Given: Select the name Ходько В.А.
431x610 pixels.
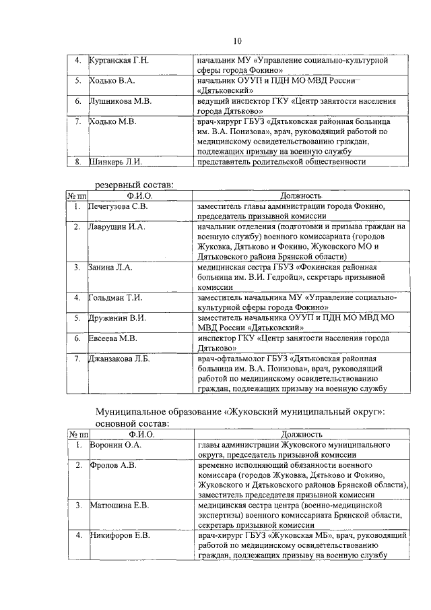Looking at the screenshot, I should point(112,81).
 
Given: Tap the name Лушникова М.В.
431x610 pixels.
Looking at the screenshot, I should point(120,101).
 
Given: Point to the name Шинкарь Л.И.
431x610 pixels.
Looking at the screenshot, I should point(115,162).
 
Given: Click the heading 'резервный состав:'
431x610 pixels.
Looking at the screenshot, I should point(133,184).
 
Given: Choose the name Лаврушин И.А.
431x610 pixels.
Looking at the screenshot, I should point(117,227).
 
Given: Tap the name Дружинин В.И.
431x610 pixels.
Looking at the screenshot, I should point(117,317).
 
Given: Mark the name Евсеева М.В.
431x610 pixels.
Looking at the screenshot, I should point(113,338).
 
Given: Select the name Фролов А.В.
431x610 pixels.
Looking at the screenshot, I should point(112,465).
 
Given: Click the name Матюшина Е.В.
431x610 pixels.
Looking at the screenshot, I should point(119,505).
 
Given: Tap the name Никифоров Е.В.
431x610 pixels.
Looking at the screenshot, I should point(119,535).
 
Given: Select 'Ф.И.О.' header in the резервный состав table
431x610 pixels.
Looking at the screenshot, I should point(140,195).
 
